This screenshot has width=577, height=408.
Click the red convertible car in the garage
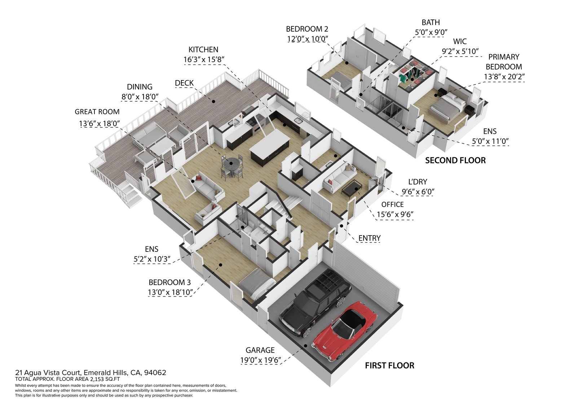click(x=344, y=330)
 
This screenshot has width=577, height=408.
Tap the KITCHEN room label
click(x=203, y=50)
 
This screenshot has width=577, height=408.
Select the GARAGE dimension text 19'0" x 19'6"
click(x=260, y=360)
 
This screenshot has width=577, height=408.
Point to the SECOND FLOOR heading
click(x=455, y=161)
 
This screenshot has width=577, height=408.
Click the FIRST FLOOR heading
click(x=389, y=365)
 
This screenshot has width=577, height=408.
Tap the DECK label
click(x=184, y=83)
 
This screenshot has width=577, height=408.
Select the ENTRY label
click(x=369, y=238)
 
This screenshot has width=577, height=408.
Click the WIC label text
click(x=460, y=41)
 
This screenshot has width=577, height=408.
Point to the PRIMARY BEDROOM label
click(x=503, y=62)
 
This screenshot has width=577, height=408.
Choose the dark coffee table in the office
click(x=352, y=187)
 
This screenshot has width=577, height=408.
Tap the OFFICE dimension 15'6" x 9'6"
click(x=395, y=215)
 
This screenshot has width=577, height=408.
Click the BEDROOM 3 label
click(x=169, y=282)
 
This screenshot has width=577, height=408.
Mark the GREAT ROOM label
click(x=97, y=112)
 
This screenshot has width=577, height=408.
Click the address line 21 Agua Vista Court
click(x=91, y=373)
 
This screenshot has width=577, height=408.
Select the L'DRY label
click(x=418, y=182)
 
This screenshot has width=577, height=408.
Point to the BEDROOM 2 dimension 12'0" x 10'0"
click(x=307, y=39)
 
